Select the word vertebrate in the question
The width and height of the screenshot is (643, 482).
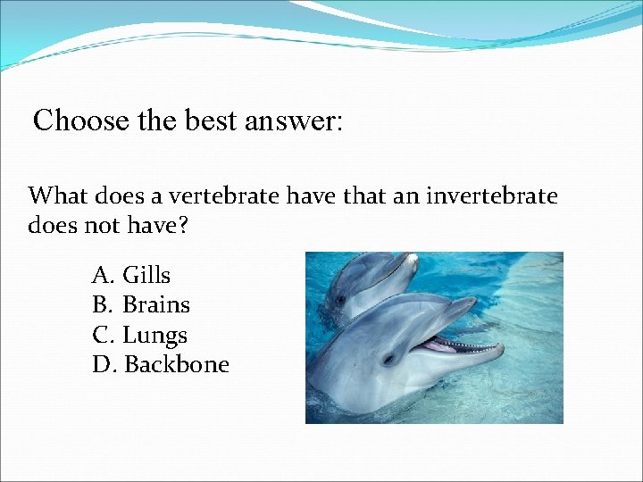[x=230, y=195]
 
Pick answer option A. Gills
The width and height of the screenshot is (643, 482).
[x=131, y=275]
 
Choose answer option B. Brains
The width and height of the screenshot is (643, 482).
[x=141, y=305]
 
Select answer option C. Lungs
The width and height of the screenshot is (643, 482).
[x=139, y=336]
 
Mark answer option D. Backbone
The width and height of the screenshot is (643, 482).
[x=161, y=365]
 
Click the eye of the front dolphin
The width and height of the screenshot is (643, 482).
[x=388, y=359]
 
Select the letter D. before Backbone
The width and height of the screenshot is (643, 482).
[x=104, y=365]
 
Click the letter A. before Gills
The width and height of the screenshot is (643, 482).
[x=103, y=275]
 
